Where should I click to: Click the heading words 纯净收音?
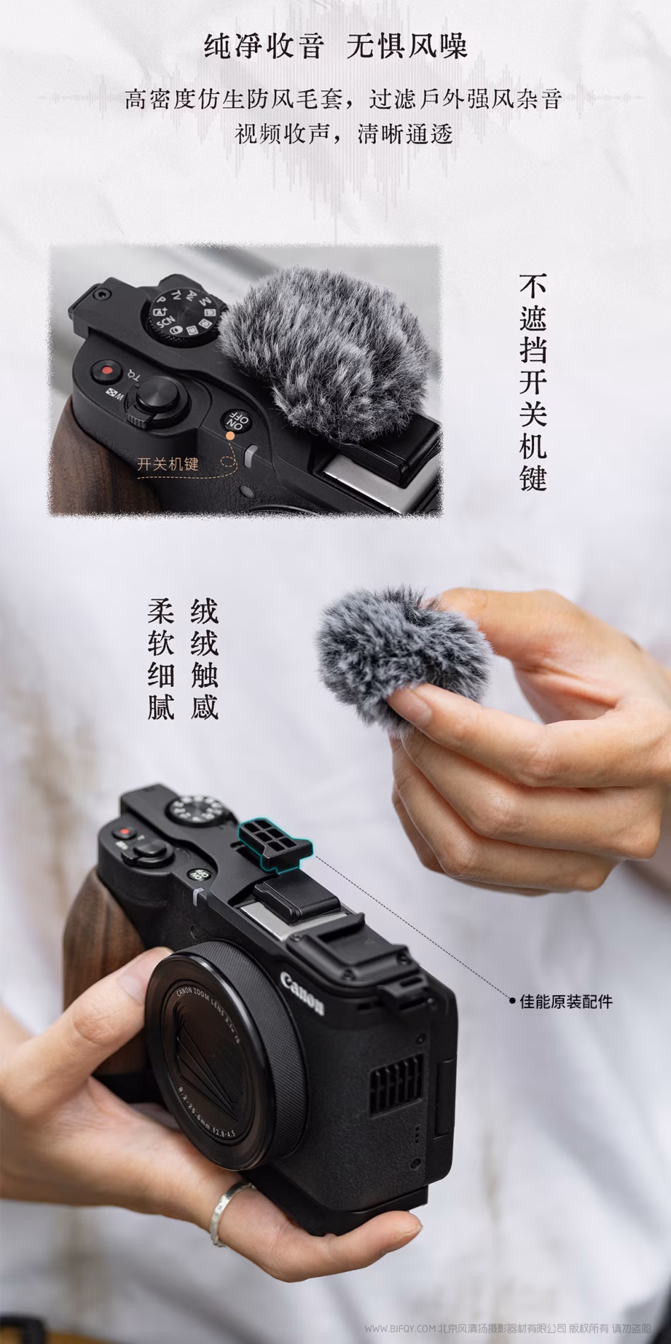[264, 47]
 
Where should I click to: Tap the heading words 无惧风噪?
[408, 47]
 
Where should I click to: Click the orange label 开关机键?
[168, 464]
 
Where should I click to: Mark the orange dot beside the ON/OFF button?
[230, 436]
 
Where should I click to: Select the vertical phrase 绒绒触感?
[204, 659]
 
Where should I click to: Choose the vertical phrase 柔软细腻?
[161, 659]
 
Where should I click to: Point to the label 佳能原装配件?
[566, 1001]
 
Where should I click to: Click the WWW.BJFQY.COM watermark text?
[401, 1328]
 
